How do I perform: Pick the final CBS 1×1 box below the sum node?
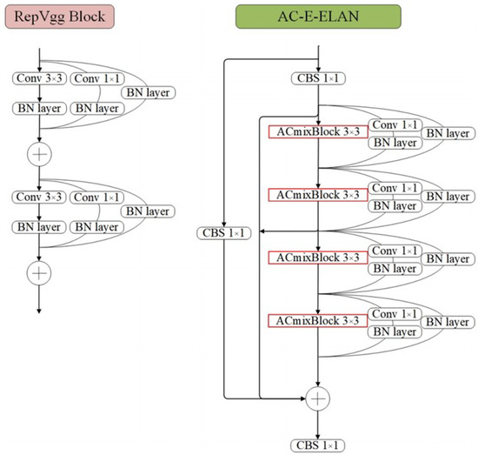319,445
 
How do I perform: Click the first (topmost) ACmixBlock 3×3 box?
318,131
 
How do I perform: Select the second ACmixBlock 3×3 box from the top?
318,195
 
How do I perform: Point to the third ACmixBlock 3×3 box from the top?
318,258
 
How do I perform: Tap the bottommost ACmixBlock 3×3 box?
318,322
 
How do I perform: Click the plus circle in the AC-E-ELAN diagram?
319,398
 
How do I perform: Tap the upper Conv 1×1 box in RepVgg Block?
96,79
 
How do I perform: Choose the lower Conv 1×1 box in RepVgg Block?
96,198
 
